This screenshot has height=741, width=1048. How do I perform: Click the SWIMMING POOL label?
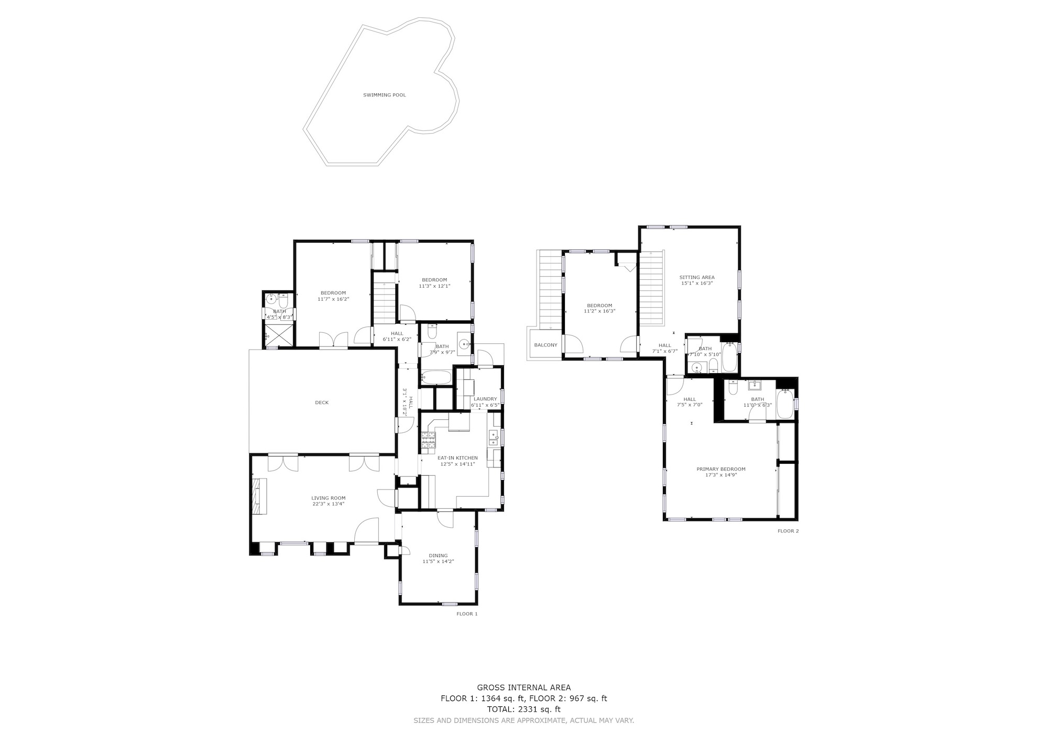[385, 95]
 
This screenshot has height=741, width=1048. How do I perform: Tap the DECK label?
[322, 402]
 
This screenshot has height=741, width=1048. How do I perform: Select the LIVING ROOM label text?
[329, 498]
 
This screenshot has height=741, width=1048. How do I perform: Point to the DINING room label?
[438, 555]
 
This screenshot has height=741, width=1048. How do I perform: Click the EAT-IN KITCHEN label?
[457, 458]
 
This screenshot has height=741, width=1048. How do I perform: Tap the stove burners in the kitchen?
[428, 443]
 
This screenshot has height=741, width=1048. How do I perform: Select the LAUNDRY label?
[485, 399]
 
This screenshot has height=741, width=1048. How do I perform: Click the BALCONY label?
[545, 345]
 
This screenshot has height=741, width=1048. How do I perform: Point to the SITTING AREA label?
[697, 277]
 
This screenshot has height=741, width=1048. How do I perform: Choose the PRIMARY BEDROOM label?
[720, 469]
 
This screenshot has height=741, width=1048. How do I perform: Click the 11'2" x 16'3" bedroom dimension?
[599, 311]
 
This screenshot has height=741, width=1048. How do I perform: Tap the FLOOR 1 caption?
[467, 614]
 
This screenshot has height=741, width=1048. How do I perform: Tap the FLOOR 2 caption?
[788, 531]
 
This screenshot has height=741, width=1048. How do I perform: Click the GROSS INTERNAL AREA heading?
[524, 688]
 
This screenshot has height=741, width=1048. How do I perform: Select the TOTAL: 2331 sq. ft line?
[524, 710]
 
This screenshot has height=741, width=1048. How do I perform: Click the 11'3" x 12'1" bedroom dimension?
[434, 286]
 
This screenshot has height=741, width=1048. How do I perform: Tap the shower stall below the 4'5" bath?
[278, 335]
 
